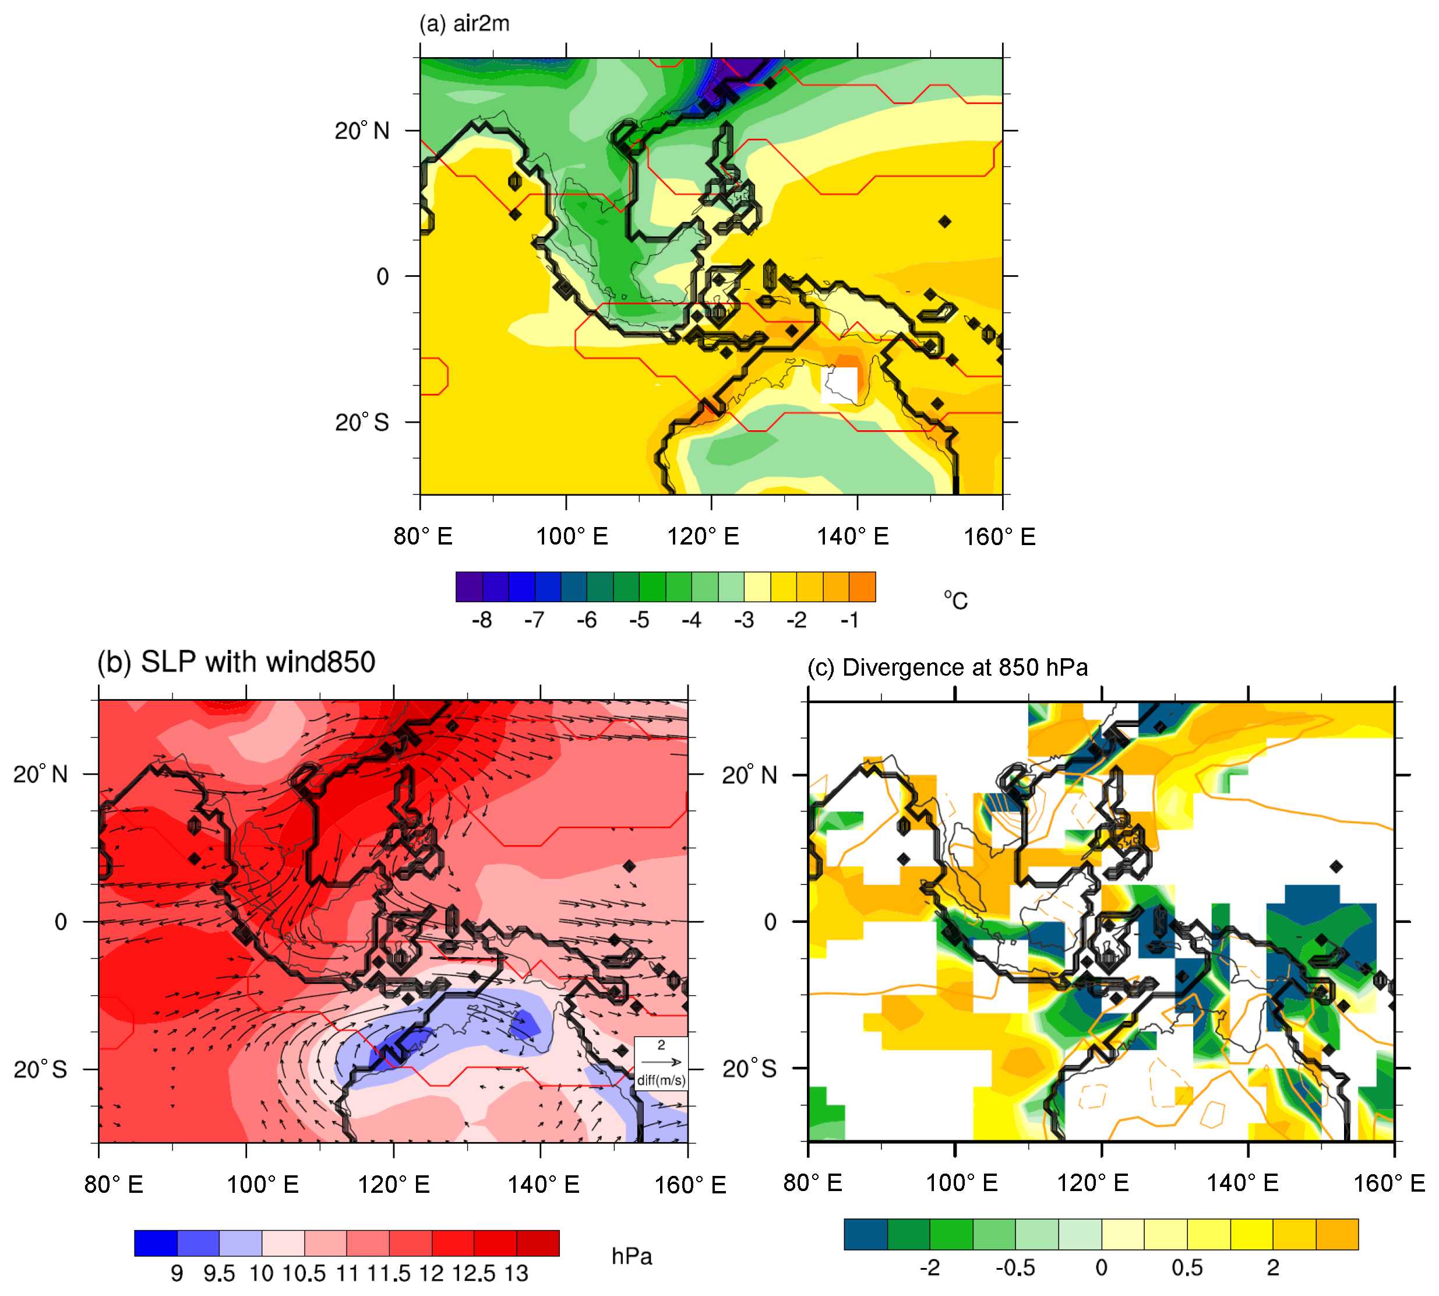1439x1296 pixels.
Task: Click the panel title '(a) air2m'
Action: point(464,23)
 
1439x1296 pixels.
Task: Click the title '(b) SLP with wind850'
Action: point(237,662)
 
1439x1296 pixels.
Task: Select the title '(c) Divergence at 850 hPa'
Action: point(947,668)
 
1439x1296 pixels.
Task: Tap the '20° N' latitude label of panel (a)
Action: point(362,131)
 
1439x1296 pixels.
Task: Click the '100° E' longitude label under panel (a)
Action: point(572,536)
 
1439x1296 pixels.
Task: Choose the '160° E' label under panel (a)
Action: point(999,536)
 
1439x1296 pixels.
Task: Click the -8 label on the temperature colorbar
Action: point(482,620)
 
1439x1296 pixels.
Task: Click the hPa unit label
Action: point(632,1257)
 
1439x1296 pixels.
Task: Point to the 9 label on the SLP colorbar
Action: point(177,1274)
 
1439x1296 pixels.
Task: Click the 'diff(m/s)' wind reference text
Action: point(661,1080)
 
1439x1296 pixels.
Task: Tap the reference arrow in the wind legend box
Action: point(661,1062)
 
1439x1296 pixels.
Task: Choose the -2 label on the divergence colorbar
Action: point(929,1268)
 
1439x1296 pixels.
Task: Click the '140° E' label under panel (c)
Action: point(1243,1183)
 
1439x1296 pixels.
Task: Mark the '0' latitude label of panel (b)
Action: point(61,922)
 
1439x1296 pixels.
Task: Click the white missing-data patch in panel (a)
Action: point(840,385)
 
